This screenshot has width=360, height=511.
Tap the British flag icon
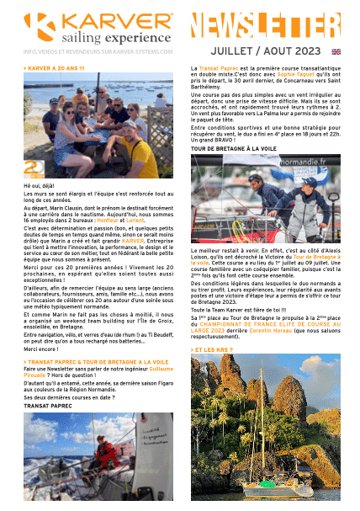coord(336,51)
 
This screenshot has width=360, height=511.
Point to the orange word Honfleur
coord(123,220)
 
